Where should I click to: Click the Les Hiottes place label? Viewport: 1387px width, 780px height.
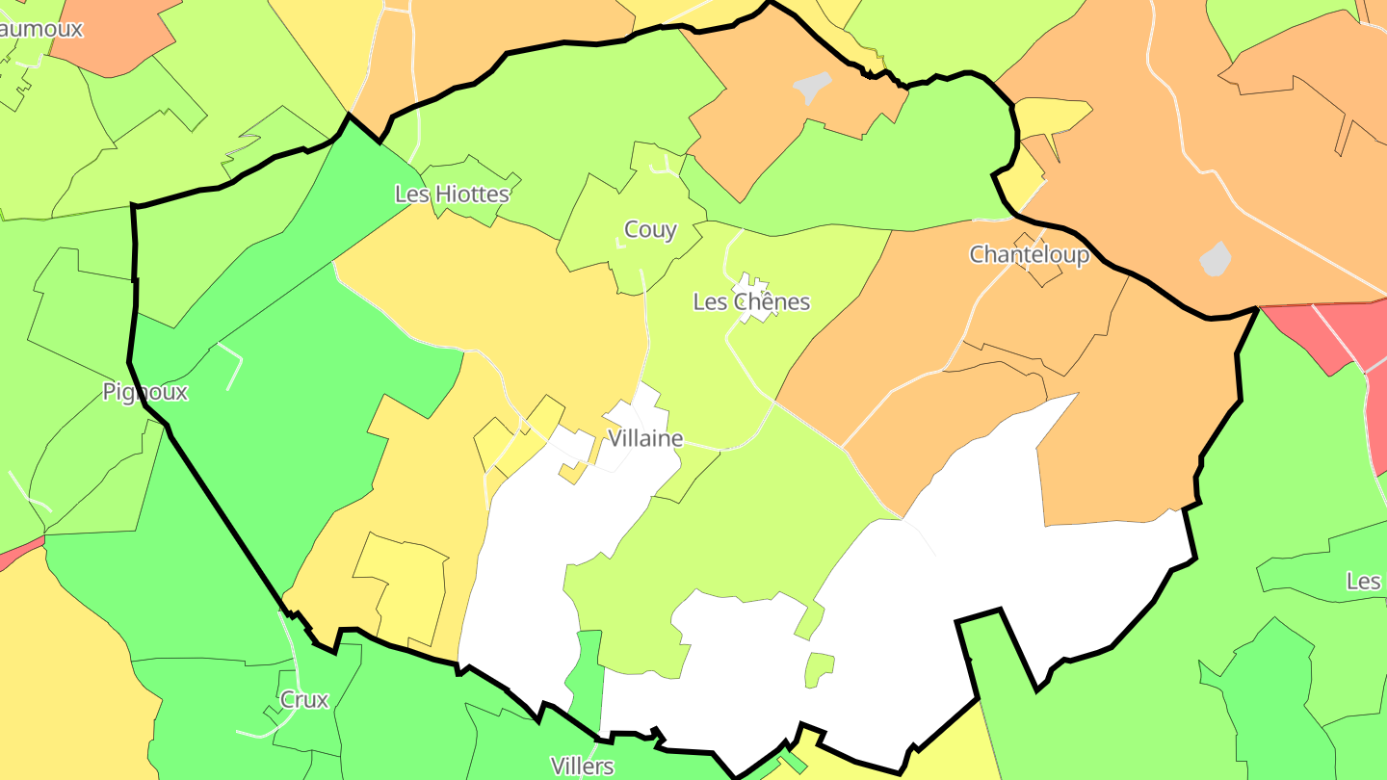point(452,195)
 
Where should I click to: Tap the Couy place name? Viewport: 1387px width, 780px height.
point(650,230)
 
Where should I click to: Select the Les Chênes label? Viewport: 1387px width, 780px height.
point(751,302)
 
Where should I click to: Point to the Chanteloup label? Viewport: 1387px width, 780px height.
point(1029,255)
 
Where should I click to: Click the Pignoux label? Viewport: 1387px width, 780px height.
point(144,392)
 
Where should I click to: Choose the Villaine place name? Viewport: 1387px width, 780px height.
point(645,439)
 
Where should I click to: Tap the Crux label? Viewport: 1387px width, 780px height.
point(304,700)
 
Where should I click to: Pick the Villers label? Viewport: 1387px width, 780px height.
point(582,767)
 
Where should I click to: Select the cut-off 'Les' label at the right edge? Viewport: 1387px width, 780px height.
point(1364,582)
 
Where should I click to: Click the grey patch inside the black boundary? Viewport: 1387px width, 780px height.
point(812,87)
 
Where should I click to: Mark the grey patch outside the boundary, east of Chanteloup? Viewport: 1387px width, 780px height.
point(1216,258)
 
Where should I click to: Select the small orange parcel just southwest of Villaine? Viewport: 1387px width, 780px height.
point(572,473)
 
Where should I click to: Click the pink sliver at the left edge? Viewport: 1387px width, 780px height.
point(19,555)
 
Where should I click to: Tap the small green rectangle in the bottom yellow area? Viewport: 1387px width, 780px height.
point(792,762)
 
